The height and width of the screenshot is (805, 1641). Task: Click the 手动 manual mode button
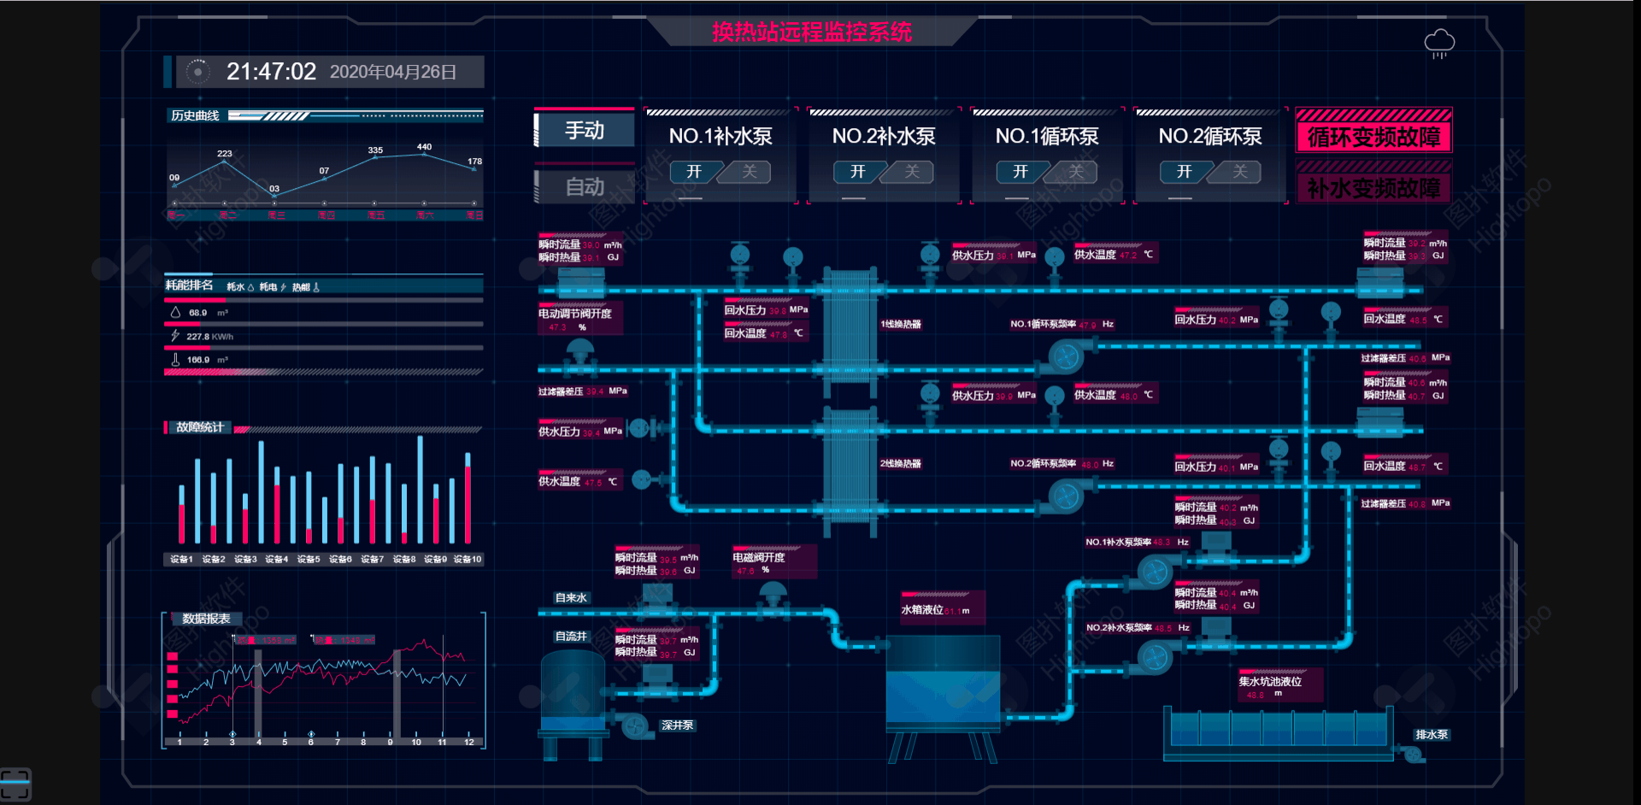[x=585, y=131]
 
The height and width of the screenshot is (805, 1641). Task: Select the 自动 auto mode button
[x=585, y=186]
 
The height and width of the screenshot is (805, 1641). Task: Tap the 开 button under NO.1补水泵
[x=693, y=172]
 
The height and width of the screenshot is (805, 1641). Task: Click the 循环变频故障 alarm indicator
[x=1373, y=137]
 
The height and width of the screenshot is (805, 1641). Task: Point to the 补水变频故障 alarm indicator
[x=1373, y=188]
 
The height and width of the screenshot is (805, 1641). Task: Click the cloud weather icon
[x=1439, y=43]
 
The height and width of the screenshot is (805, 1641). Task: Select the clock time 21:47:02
[x=271, y=72]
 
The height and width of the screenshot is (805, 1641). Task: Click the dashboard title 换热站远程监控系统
[x=812, y=32]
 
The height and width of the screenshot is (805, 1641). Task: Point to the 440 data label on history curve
[x=424, y=147]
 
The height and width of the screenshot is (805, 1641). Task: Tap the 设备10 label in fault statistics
[x=468, y=560]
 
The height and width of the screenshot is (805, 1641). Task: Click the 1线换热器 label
[x=901, y=325]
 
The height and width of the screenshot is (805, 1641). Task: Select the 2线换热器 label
[x=901, y=464]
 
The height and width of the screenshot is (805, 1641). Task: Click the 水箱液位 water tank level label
[x=922, y=610]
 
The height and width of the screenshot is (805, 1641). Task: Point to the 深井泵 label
[x=678, y=726]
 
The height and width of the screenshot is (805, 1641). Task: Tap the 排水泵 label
[x=1432, y=735]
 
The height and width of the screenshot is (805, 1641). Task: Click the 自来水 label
[x=571, y=598]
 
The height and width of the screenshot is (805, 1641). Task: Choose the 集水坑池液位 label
[x=1270, y=682]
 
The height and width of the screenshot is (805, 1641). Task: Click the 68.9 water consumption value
[x=197, y=313]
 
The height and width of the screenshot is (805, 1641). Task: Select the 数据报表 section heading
[x=206, y=619]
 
